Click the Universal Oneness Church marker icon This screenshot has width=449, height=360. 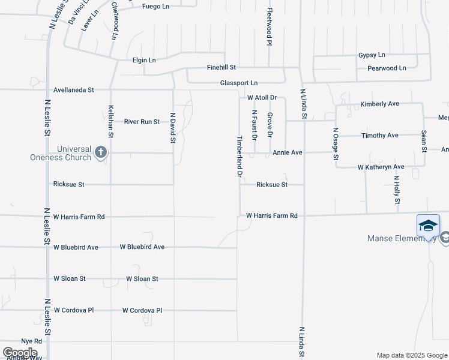[x=100, y=152]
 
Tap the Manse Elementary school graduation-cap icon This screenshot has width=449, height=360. [x=428, y=226]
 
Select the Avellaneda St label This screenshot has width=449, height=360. [x=74, y=90]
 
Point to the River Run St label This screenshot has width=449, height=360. [x=142, y=122]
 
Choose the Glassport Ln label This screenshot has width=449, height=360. [x=239, y=83]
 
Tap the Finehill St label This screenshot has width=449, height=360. [x=221, y=68]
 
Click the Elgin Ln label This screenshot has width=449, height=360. [x=144, y=60]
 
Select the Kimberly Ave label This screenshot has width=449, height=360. [x=379, y=104]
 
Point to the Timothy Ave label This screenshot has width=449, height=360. [x=379, y=136]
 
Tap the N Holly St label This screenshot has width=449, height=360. [x=397, y=190]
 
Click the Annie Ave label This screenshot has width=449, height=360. [x=287, y=152]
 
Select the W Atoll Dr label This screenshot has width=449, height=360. [x=262, y=97]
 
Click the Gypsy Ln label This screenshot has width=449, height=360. [x=372, y=55]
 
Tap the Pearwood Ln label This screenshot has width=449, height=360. [x=382, y=68]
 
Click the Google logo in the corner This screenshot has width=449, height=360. [x=20, y=352]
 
